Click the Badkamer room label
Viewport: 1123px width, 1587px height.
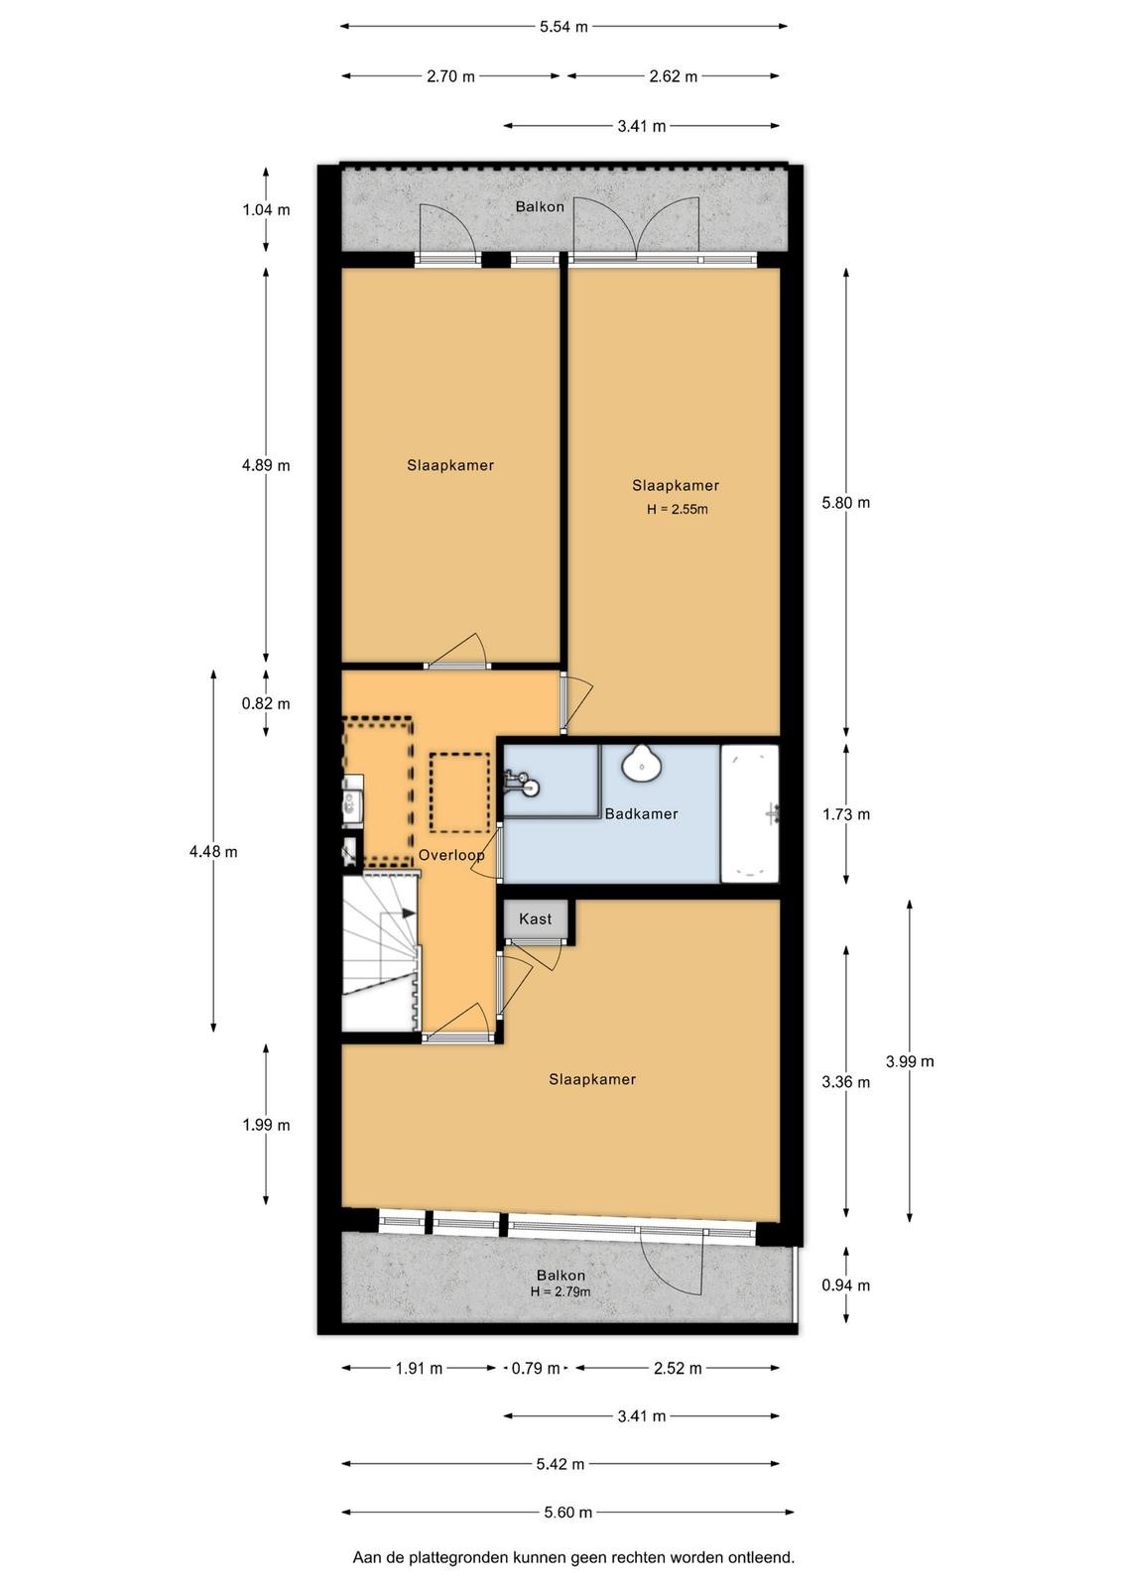click(641, 814)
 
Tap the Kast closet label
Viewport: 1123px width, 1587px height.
click(535, 918)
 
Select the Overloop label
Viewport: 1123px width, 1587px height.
click(451, 855)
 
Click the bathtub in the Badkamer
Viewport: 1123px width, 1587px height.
click(750, 813)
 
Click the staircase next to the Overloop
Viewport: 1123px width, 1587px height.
click(381, 954)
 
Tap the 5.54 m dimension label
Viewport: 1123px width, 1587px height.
click(563, 27)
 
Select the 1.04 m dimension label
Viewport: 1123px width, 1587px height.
click(266, 209)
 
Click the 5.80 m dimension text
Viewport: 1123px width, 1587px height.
click(846, 502)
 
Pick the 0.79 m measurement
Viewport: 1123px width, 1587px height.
click(536, 1368)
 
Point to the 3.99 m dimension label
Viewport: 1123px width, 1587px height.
click(910, 1061)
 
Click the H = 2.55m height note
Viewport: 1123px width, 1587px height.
click(677, 509)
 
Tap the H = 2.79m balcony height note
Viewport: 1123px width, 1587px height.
click(561, 1291)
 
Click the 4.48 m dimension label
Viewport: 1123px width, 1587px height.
click(213, 852)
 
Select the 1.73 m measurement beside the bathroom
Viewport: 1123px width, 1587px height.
click(846, 814)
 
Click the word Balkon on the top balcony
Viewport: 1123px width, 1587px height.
click(540, 207)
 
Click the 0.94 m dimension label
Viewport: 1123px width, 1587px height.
click(846, 1285)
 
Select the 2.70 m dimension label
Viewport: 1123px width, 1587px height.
click(450, 76)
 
